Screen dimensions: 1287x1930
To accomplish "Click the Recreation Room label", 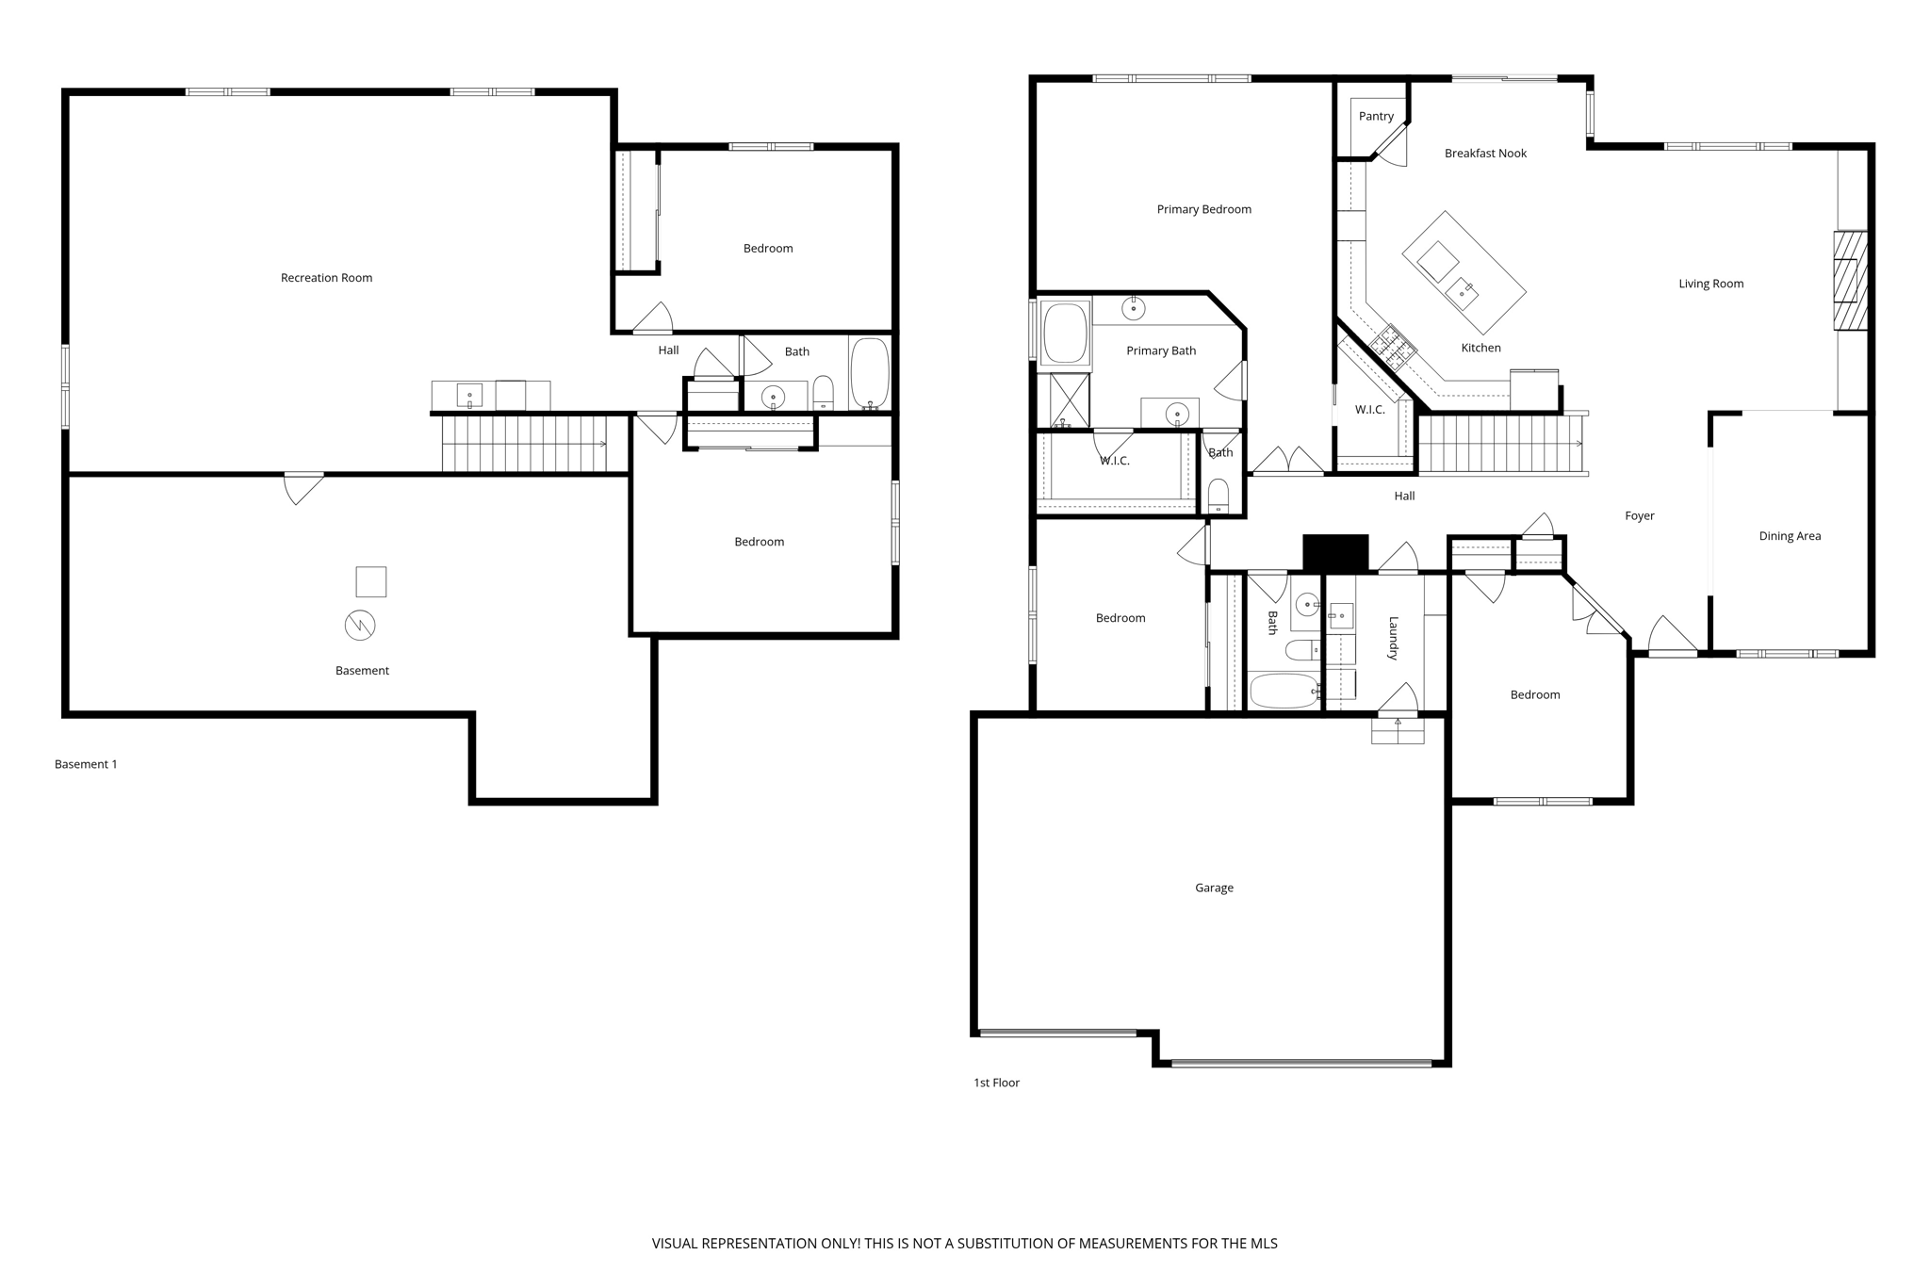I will (326, 278).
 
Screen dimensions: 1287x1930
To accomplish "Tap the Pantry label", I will (1376, 117).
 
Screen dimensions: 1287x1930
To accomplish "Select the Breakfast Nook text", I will (1485, 154).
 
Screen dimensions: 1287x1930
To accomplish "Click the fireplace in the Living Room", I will (1850, 281).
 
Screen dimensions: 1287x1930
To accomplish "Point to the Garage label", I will (1214, 888).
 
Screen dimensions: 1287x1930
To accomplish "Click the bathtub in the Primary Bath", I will (1065, 333).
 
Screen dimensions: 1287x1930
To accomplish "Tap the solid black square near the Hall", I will (1335, 552).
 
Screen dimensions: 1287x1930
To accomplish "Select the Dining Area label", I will (1790, 536).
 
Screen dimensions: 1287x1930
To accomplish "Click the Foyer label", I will (1640, 516).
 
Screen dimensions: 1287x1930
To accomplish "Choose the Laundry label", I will (1393, 638).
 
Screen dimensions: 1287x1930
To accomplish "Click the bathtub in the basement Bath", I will (869, 373).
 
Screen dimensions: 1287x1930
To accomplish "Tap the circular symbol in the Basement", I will (360, 625).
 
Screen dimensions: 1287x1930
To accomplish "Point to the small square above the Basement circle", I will (370, 581).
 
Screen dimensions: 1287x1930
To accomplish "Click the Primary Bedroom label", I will (1203, 209).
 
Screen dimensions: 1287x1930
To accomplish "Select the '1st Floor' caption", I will (996, 1083).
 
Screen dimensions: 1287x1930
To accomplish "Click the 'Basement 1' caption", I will (86, 764).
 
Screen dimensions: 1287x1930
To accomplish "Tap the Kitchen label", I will (1480, 348).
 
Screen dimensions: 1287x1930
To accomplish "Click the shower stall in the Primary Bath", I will (1069, 399).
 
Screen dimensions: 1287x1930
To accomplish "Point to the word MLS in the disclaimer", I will (1263, 1244).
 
